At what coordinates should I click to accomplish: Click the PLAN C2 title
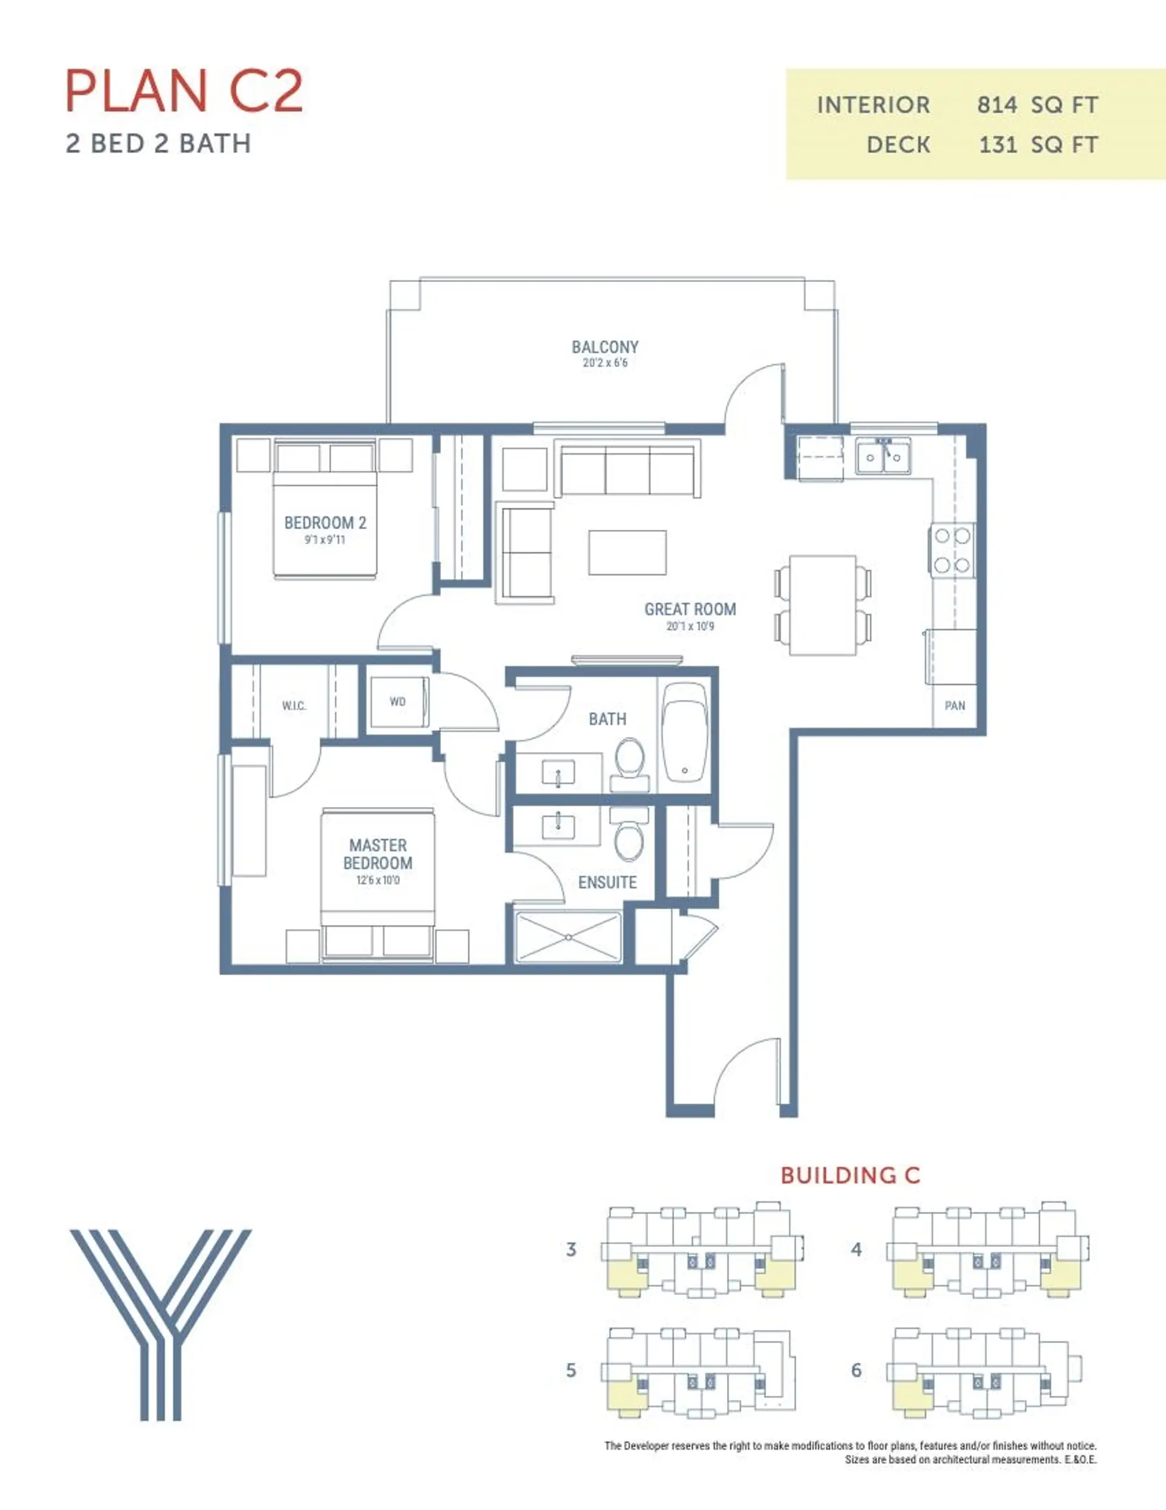184,91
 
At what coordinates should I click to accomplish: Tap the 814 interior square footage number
997,105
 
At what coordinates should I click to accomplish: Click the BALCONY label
605,347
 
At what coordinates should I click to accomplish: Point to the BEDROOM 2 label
325,523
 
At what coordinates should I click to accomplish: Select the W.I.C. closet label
294,706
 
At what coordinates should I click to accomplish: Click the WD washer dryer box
397,702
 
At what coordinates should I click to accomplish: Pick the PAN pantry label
955,706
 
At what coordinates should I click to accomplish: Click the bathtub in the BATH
685,732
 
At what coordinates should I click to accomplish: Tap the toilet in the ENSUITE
629,835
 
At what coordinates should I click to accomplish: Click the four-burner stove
952,550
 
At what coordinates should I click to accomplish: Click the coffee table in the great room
627,552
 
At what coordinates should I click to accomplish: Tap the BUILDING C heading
850,1175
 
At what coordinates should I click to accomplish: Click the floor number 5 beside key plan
571,1370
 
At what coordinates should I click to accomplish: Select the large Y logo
161,1324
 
